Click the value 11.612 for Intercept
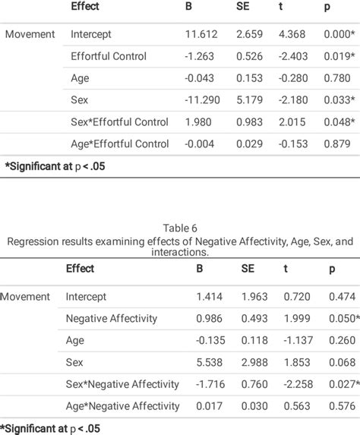(x=201, y=34)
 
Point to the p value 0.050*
(x=343, y=319)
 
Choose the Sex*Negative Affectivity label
(x=122, y=384)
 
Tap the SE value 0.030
(x=254, y=406)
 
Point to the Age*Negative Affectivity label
(x=122, y=406)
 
